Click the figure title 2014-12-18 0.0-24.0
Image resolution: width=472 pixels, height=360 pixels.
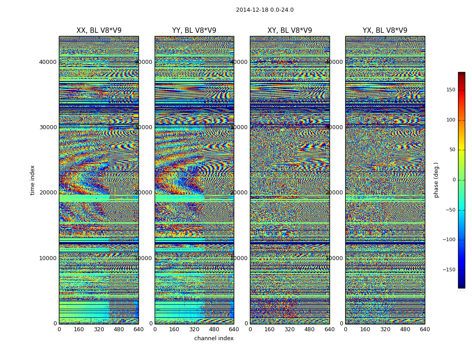265,10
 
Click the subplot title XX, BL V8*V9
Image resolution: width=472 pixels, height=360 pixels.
99,31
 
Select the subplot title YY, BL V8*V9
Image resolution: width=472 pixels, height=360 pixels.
194,31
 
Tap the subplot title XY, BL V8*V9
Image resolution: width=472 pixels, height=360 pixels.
290,31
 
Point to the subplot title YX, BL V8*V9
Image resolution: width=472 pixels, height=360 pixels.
385,31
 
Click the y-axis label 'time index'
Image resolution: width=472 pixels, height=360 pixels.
32,180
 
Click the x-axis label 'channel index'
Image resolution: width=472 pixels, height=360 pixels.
214,338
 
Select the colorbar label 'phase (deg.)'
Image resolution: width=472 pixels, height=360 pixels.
436,180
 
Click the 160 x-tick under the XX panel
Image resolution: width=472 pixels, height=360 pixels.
79,329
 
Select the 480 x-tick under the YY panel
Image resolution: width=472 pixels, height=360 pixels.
214,329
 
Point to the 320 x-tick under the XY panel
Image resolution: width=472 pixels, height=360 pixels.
290,329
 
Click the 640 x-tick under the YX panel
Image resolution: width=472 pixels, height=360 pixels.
425,329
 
